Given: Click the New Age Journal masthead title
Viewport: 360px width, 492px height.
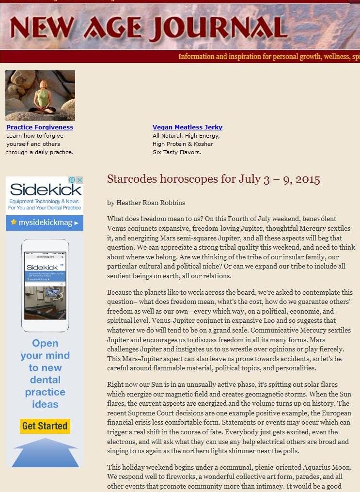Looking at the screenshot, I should [148, 28].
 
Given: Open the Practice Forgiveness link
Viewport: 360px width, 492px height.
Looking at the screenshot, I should [40, 127].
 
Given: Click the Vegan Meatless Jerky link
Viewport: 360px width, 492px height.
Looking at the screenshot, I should [188, 127].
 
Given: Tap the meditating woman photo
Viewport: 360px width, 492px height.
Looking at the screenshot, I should [40, 95].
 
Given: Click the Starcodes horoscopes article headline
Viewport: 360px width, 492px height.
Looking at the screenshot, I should [213, 179].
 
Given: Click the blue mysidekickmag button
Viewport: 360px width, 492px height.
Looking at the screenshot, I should [45, 222].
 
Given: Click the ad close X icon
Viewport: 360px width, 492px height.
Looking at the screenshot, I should [80, 180].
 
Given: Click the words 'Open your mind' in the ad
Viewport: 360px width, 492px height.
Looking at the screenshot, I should [45, 349].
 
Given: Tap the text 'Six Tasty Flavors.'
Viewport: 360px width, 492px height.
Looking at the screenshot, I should [177, 152].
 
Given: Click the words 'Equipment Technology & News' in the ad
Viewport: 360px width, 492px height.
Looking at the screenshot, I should [44, 201].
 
